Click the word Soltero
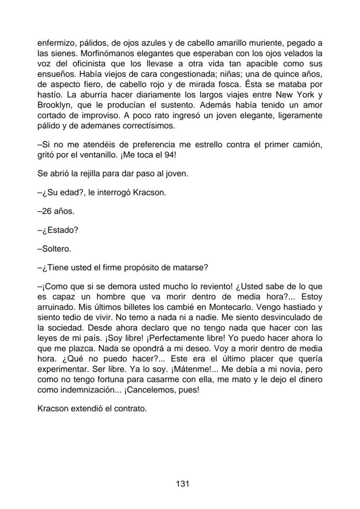(54, 249)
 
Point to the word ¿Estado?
(58, 230)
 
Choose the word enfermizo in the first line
(56, 43)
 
